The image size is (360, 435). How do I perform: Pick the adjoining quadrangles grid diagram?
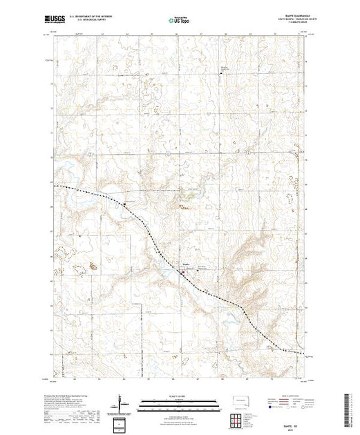tap(238, 420)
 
